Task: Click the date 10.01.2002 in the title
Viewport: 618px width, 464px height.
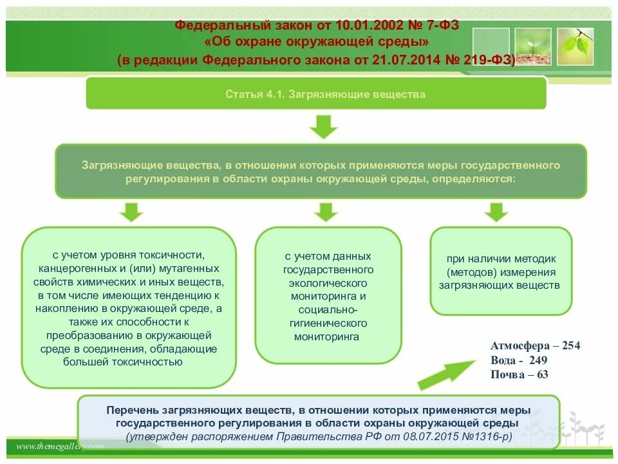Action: click(365, 25)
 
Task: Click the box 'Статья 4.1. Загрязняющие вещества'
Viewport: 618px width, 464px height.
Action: click(316, 95)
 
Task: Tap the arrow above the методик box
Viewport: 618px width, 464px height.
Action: click(496, 212)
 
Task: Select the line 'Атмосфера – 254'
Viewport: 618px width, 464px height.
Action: click(535, 345)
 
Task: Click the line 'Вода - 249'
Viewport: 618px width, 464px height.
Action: click(519, 360)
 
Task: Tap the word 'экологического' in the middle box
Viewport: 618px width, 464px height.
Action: click(328, 284)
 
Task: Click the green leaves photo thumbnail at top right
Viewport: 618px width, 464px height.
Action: click(575, 46)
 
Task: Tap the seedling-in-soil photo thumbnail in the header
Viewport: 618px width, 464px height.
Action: click(532, 46)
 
